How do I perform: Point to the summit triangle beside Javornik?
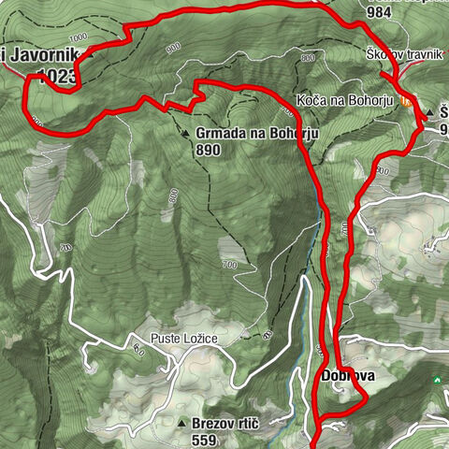91,54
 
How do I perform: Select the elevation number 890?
209,149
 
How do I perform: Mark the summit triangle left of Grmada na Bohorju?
186,133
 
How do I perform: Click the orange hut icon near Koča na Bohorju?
405,100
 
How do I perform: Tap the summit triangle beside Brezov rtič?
181,424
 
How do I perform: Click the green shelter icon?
436,381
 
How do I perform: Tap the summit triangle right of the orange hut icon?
429,113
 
